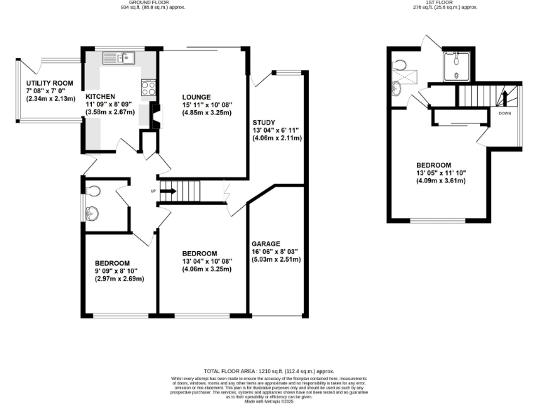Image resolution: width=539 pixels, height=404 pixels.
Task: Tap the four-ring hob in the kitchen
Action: point(149,88)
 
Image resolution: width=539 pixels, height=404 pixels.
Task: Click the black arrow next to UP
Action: point(168,190)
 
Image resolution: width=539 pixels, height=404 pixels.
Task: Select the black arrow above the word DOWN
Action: point(504,99)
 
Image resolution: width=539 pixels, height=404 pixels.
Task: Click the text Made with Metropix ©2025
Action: point(269,400)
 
